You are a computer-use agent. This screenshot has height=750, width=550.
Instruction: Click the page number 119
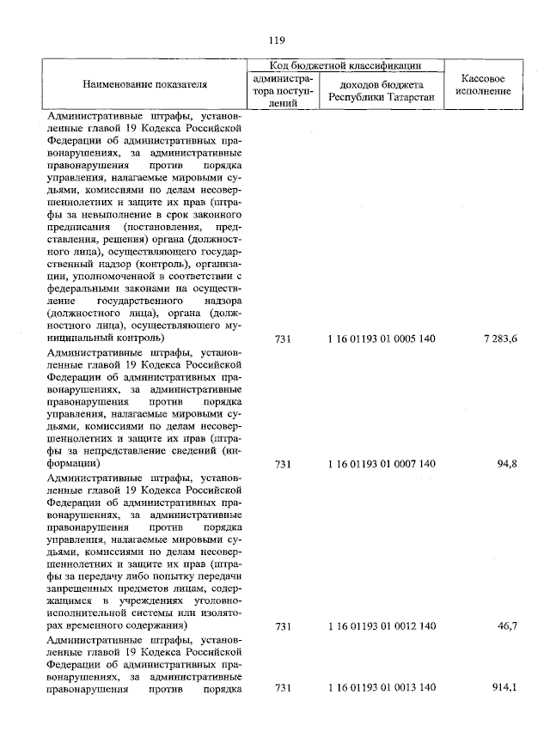tap(275, 40)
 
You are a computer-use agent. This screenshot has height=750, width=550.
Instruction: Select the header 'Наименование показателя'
tap(145, 85)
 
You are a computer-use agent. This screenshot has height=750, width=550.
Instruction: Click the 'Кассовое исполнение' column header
tap(482, 85)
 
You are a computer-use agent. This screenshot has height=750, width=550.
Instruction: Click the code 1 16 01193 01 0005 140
tap(382, 339)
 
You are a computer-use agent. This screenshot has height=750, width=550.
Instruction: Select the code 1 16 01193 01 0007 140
tap(382, 464)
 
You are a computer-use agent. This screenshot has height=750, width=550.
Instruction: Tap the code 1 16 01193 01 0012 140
tap(382, 628)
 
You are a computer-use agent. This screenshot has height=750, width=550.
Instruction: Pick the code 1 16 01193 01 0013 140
tap(382, 689)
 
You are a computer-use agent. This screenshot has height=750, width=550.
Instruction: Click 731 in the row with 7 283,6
tap(283, 339)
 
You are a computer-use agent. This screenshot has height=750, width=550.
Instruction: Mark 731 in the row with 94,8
tap(283, 464)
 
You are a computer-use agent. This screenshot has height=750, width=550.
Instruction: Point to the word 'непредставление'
tap(144, 450)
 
